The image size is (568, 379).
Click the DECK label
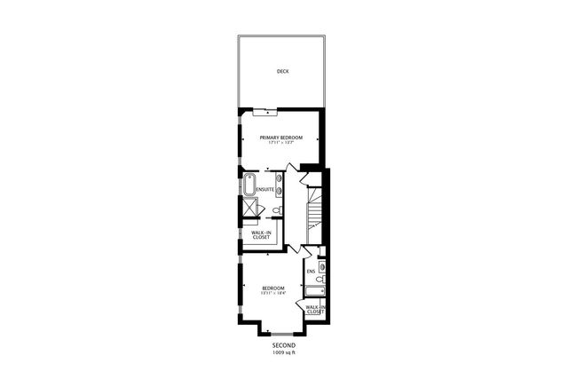282,71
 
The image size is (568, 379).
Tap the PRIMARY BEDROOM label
281,138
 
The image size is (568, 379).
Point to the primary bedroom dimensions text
281,144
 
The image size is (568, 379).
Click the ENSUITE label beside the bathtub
265,190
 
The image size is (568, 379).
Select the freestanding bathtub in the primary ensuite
248,189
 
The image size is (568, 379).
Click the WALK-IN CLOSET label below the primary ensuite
262,235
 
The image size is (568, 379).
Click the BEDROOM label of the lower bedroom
272,287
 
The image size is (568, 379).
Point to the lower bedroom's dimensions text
272,293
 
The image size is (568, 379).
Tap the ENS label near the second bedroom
311,271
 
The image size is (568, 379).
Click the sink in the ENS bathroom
321,265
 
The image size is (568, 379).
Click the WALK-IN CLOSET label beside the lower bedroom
316,310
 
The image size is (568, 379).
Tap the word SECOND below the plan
284,344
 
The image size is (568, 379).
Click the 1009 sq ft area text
284,352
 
